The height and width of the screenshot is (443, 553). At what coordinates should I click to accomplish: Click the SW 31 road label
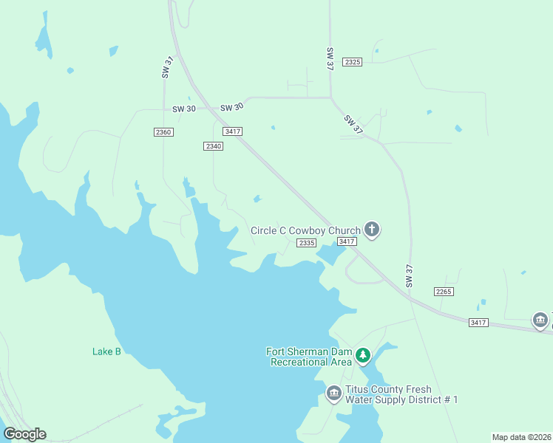tap(166, 66)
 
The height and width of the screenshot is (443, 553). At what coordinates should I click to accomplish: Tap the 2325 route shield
tap(353, 62)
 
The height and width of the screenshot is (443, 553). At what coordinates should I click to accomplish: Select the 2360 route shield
tap(163, 131)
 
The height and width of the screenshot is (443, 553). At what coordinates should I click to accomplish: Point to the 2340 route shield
tap(213, 146)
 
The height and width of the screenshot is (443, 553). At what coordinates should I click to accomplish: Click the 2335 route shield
tap(306, 243)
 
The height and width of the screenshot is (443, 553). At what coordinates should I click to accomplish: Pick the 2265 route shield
tap(444, 292)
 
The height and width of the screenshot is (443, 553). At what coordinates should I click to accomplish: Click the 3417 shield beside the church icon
tap(347, 241)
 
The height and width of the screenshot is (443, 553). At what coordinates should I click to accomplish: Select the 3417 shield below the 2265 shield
tap(478, 323)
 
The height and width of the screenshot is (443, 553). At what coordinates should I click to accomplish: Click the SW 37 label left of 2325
tap(330, 59)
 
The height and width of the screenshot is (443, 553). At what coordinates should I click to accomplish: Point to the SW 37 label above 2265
tap(410, 275)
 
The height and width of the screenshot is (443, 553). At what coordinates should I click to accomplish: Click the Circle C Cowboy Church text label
tap(305, 230)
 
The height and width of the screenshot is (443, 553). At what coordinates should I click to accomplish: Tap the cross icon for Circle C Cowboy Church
tap(372, 230)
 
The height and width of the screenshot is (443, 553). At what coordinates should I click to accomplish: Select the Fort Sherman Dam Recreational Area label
tap(310, 357)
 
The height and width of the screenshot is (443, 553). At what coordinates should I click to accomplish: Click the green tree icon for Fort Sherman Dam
tap(363, 356)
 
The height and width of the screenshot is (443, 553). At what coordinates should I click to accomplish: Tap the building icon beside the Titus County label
tap(333, 394)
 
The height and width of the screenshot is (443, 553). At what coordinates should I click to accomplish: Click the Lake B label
tap(106, 351)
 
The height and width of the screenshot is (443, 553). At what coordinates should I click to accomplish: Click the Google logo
tap(24, 434)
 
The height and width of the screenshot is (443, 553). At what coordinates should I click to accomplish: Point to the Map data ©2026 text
tap(521, 437)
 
